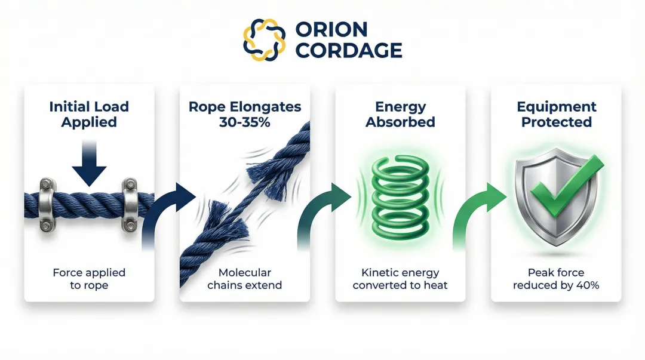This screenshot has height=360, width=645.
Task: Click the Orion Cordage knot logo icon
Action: [x=264, y=40]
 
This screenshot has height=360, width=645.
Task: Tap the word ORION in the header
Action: [x=331, y=30]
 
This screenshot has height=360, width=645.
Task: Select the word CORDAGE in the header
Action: [x=348, y=50]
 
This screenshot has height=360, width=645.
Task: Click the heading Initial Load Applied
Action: [x=89, y=114]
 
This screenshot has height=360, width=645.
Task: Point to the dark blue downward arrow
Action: [x=89, y=164]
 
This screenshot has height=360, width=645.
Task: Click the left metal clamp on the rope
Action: [x=47, y=205]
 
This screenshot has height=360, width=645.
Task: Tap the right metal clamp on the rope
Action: [x=130, y=205]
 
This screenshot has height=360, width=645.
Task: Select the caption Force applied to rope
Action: [x=89, y=279]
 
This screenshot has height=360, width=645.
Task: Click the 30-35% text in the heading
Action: [x=244, y=122]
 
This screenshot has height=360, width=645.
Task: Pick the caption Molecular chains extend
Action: [x=245, y=279]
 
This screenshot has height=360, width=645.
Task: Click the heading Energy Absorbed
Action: [x=400, y=114]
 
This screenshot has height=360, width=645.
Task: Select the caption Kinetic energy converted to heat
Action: [x=400, y=279]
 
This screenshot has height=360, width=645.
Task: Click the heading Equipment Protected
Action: [x=556, y=114]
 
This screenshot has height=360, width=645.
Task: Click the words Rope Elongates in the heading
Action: [x=245, y=106]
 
